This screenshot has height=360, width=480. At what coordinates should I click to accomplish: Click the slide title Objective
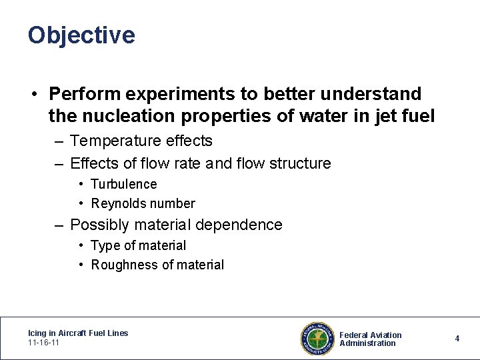pos(81,35)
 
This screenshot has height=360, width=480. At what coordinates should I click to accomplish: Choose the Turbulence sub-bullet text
pos(124,184)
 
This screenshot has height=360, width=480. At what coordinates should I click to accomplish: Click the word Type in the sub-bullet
pos(104,245)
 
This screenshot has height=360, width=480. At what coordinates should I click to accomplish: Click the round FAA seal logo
pos(317,338)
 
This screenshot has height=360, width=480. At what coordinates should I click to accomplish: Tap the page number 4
pos(457,339)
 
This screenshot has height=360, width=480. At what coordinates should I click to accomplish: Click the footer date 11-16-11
pos(45,342)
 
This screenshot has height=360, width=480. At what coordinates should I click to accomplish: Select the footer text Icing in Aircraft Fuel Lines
pos(78,333)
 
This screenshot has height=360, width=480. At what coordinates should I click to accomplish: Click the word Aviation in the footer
pos(387,335)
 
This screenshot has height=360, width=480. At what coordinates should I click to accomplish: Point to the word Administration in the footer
pos(367,343)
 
